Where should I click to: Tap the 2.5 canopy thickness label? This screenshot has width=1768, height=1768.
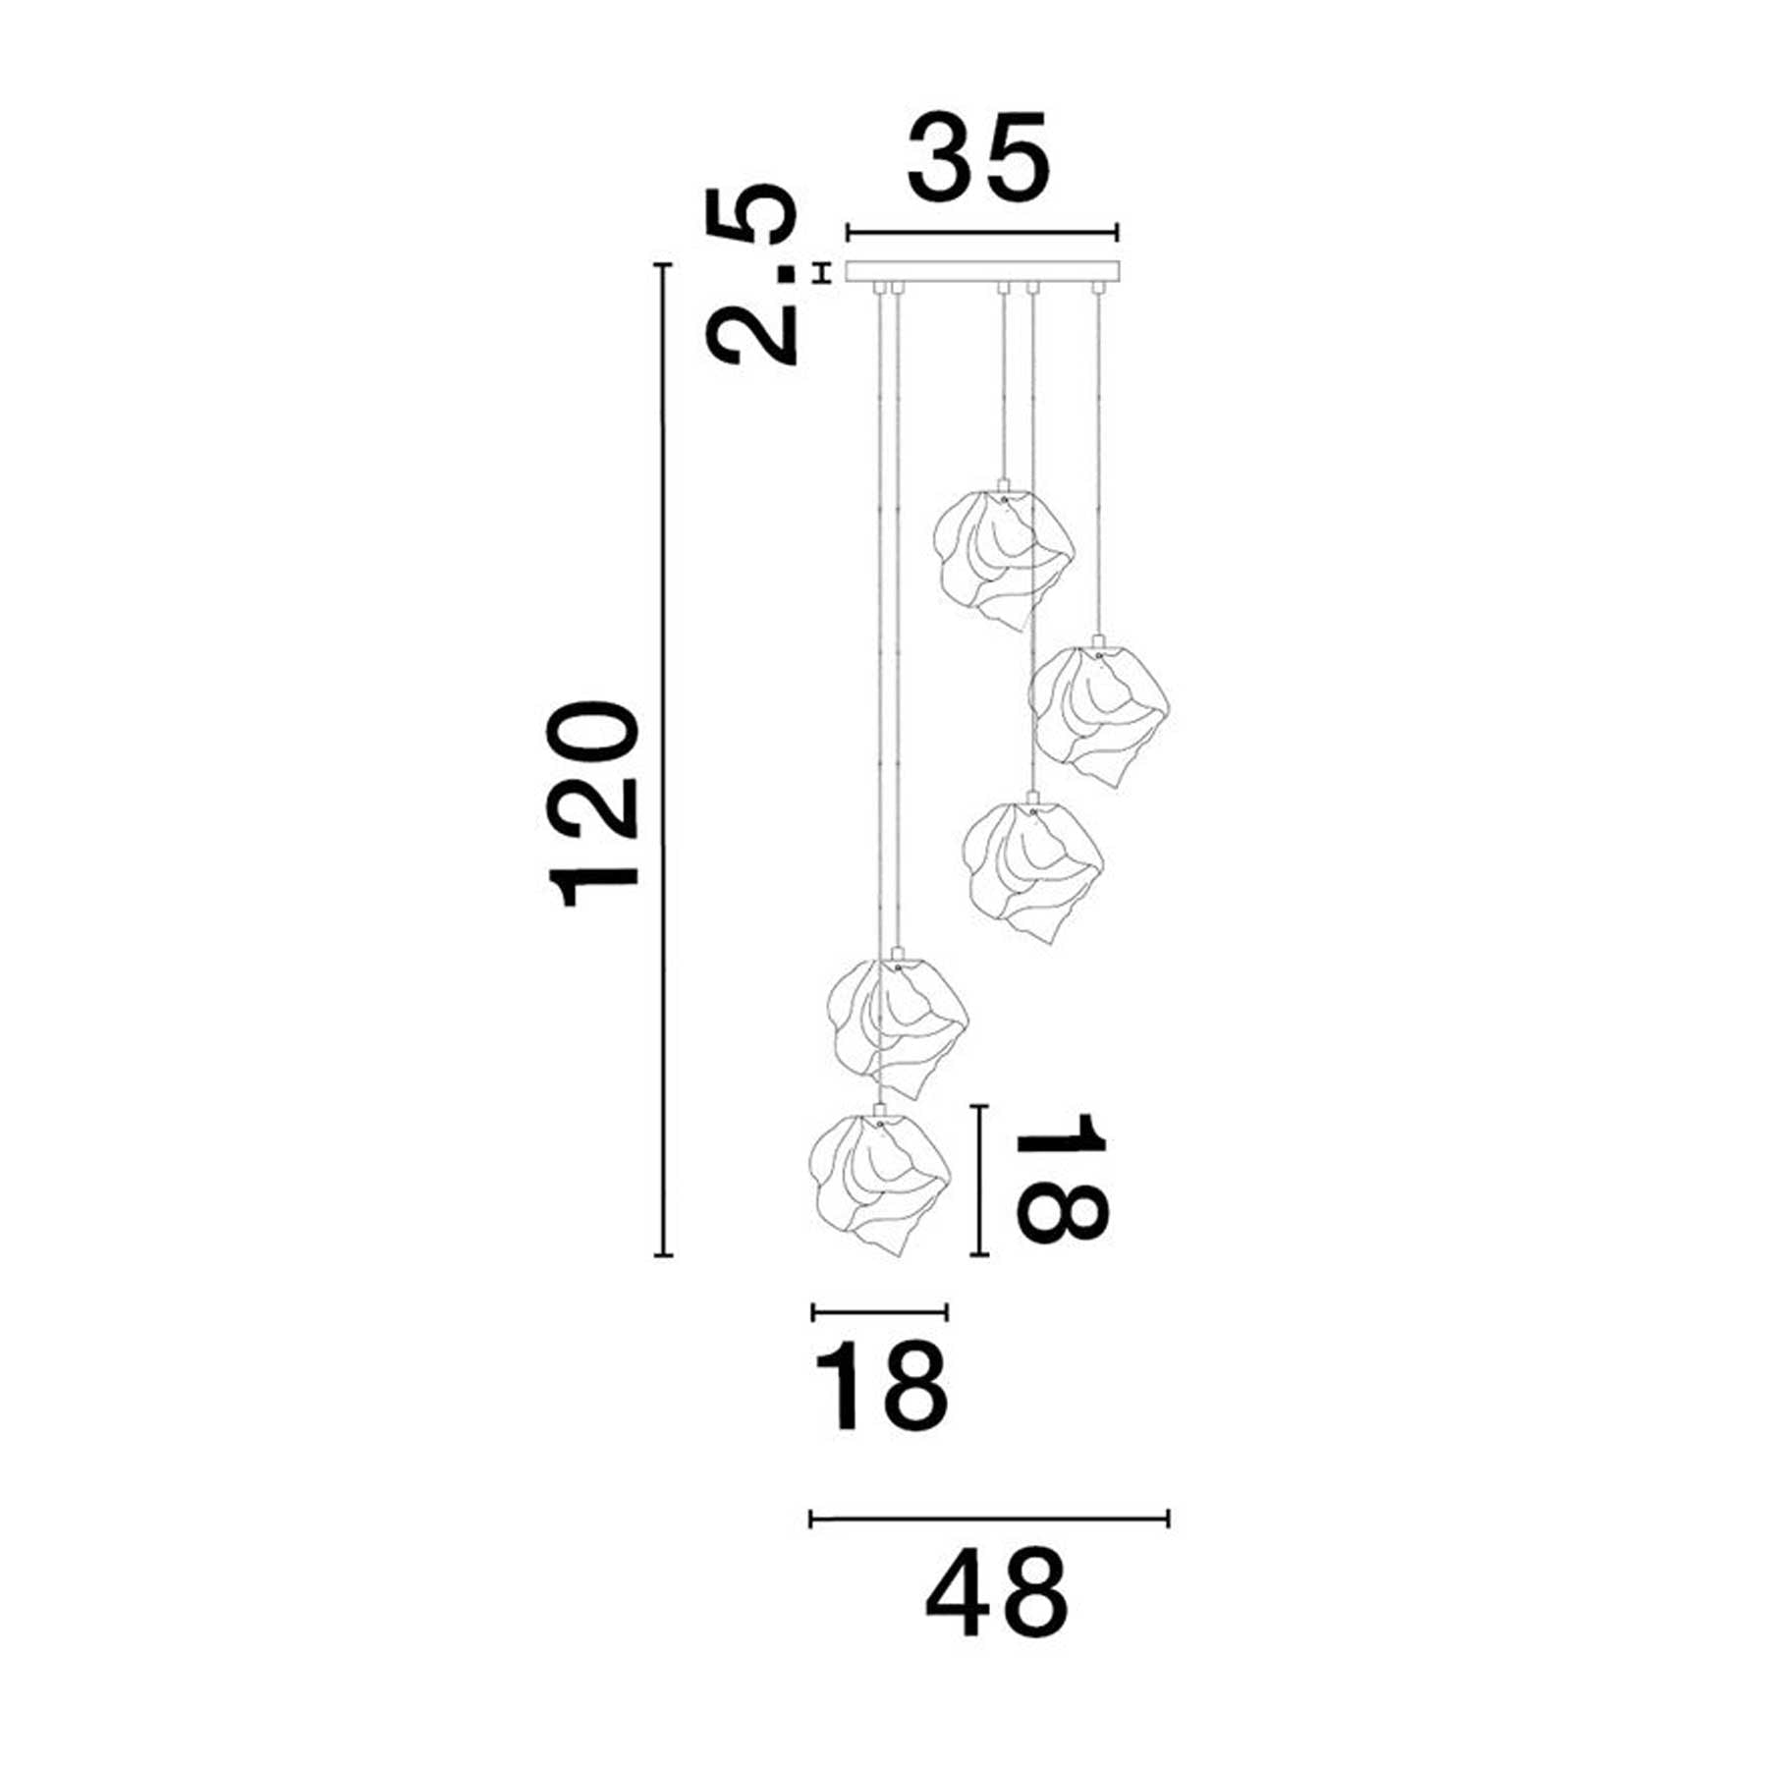[x=754, y=274]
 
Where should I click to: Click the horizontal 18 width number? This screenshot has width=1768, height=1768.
[x=882, y=1388]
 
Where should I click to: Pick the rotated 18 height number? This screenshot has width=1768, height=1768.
[x=1061, y=1177]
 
